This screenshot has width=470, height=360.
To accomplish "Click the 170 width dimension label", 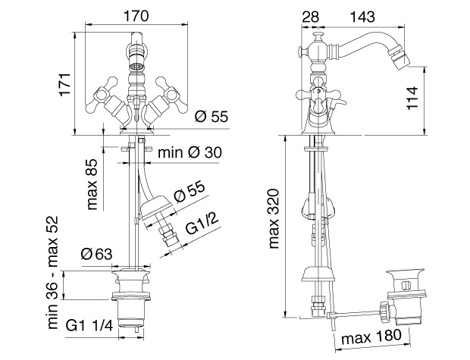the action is click(x=136, y=16).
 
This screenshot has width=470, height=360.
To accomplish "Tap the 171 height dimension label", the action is click(x=65, y=84).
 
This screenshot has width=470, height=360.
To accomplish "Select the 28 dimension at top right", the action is click(x=310, y=17).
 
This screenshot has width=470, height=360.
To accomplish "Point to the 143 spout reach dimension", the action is click(x=362, y=17).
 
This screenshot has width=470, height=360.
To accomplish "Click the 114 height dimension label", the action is click(x=412, y=98).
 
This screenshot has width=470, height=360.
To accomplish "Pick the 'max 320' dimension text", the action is click(x=274, y=219).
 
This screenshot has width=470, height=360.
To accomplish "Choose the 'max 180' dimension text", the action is click(x=371, y=337).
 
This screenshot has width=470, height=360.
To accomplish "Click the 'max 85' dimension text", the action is click(x=92, y=184).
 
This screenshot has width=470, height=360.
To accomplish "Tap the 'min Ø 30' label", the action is click(x=190, y=152).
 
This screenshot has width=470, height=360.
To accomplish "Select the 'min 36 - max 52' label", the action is click(x=52, y=272).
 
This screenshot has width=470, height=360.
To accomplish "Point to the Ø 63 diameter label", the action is click(x=96, y=255).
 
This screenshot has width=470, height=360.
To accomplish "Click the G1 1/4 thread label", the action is click(x=89, y=326).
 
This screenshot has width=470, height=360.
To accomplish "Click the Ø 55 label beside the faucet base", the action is click(x=211, y=117).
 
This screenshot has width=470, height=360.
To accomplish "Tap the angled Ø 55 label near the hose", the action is click(x=190, y=192).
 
